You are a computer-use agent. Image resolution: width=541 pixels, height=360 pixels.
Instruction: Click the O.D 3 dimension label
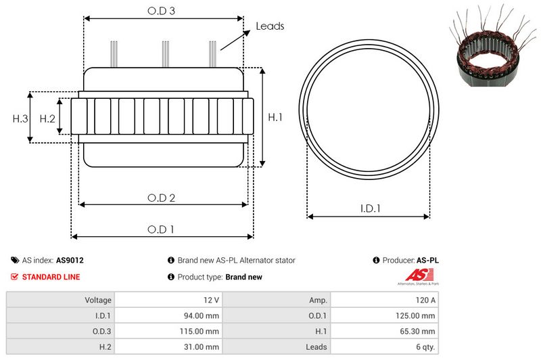pos(162,11)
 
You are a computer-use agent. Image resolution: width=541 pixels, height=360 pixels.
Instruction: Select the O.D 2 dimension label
pos(162,198)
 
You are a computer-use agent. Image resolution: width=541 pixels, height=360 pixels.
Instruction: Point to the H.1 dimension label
pos(275,117)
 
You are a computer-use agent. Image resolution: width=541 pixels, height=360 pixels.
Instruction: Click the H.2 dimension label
pos(47,118)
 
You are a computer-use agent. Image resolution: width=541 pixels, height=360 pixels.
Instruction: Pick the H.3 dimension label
pos(20,118)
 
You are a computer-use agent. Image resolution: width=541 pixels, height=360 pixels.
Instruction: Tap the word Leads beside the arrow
pos(270,26)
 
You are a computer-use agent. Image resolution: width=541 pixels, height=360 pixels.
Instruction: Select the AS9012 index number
pos(70,260)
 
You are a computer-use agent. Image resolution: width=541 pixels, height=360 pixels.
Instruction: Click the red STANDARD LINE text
pos(51,277)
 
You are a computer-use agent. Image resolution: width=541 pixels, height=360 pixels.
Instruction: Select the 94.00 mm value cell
pos(203,315)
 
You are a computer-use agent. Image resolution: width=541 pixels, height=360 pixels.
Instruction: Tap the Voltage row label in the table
pos(98,300)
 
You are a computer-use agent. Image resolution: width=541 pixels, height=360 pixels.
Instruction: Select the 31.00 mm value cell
pos(203,346)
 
